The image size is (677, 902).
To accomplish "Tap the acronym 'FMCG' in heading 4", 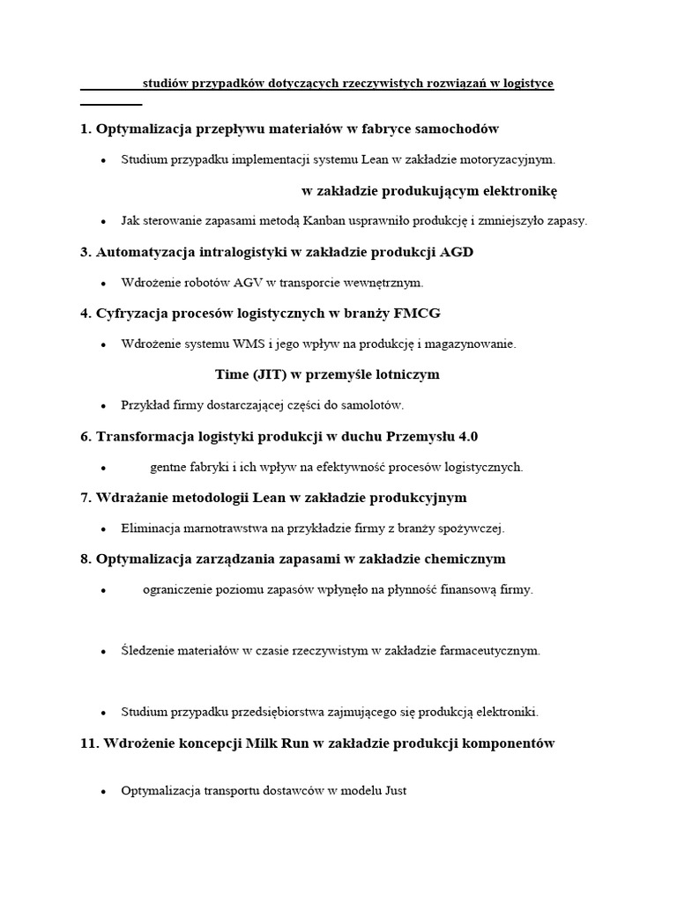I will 421,313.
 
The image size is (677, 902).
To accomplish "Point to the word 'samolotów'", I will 375,405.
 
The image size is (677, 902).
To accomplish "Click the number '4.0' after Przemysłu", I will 467,436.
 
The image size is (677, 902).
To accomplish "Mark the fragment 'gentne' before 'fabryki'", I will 167,467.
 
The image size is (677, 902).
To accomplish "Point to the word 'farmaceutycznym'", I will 494,651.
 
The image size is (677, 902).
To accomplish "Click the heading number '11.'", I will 90,743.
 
